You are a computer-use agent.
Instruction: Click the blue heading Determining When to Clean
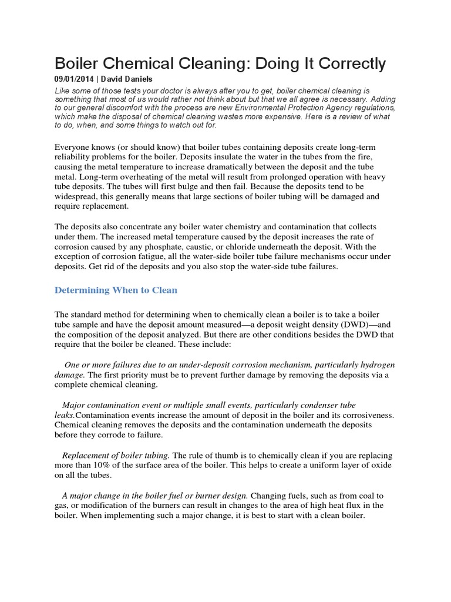116,290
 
